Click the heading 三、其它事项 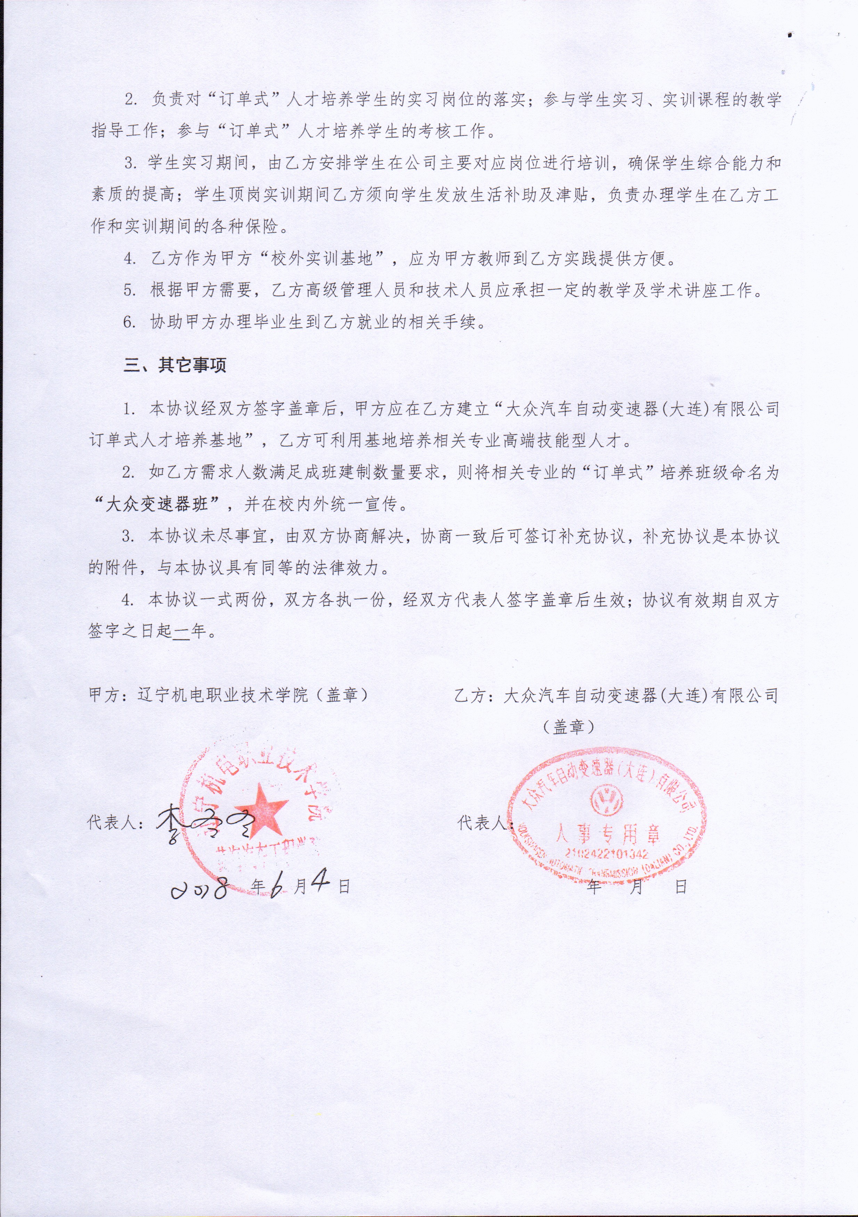click(175, 366)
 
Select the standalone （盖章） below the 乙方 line click(569, 727)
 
